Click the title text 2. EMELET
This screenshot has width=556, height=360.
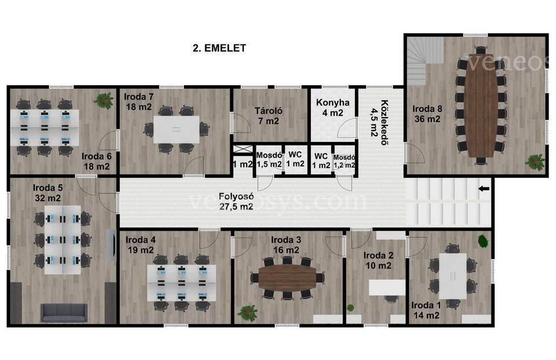219,48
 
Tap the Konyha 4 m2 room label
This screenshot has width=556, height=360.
333,107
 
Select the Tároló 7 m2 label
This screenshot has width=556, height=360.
268,115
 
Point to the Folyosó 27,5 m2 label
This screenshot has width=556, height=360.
236,202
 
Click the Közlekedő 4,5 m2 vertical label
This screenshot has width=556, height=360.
379,122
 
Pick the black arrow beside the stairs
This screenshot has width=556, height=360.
484,188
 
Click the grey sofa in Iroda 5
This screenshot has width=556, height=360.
64,312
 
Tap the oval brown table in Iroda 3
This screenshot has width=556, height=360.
287,277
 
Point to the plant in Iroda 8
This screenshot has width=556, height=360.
535,162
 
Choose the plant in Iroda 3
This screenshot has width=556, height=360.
248,313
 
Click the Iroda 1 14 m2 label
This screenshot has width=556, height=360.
426,310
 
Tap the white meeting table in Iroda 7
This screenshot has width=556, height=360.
176,129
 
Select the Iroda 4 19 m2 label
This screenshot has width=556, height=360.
141,245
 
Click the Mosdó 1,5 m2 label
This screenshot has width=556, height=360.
269,160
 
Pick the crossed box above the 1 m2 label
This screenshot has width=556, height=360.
243,149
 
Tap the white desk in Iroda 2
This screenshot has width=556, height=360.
387,288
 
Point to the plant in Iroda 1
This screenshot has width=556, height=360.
482,241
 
